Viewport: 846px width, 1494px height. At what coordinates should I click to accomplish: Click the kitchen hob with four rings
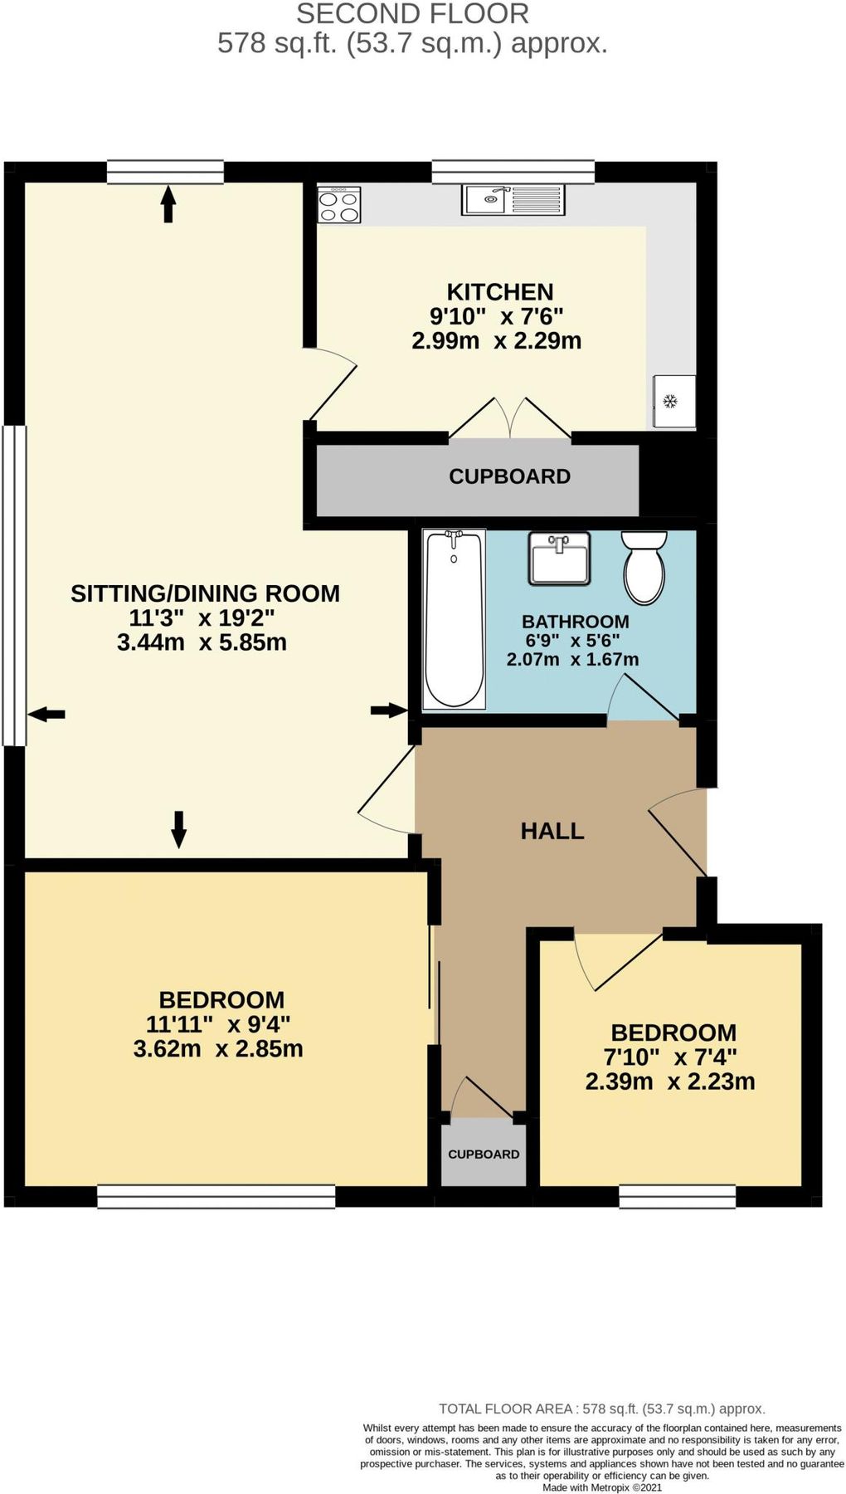pyautogui.click(x=339, y=205)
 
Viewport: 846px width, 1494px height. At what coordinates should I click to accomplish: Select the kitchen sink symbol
pyautogui.click(x=513, y=199)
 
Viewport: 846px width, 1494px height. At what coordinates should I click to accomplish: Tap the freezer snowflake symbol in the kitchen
pyautogui.click(x=669, y=402)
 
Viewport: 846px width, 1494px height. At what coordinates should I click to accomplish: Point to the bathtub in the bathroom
pyautogui.click(x=454, y=620)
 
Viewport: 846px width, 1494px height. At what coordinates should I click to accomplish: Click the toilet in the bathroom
pyautogui.click(x=644, y=567)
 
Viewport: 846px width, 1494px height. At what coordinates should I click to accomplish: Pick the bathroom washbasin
pyautogui.click(x=560, y=558)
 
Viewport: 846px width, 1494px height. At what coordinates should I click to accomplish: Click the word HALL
pyautogui.click(x=552, y=831)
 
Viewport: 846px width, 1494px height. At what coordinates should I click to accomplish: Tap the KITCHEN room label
pyautogui.click(x=499, y=292)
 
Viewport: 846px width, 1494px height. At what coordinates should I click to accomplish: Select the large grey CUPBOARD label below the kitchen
pyautogui.click(x=509, y=476)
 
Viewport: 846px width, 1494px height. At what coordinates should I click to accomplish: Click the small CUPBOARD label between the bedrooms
pyautogui.click(x=484, y=1154)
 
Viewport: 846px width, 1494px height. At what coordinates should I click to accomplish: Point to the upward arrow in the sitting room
pyautogui.click(x=168, y=204)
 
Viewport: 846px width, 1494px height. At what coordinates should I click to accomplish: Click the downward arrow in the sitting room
pyautogui.click(x=178, y=829)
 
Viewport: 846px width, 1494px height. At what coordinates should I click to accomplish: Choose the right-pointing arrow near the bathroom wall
pyautogui.click(x=388, y=710)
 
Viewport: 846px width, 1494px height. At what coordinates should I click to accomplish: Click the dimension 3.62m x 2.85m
pyautogui.click(x=218, y=1048)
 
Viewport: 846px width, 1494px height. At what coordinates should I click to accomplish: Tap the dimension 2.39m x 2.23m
pyautogui.click(x=670, y=1081)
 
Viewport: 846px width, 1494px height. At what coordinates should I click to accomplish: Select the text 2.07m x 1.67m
pyautogui.click(x=572, y=660)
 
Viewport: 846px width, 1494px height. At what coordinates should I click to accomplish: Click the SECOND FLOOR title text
pyautogui.click(x=412, y=14)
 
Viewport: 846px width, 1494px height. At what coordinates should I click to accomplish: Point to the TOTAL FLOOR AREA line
pyautogui.click(x=601, y=1409)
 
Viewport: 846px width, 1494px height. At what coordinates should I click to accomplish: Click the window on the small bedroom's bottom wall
pyautogui.click(x=677, y=1195)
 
